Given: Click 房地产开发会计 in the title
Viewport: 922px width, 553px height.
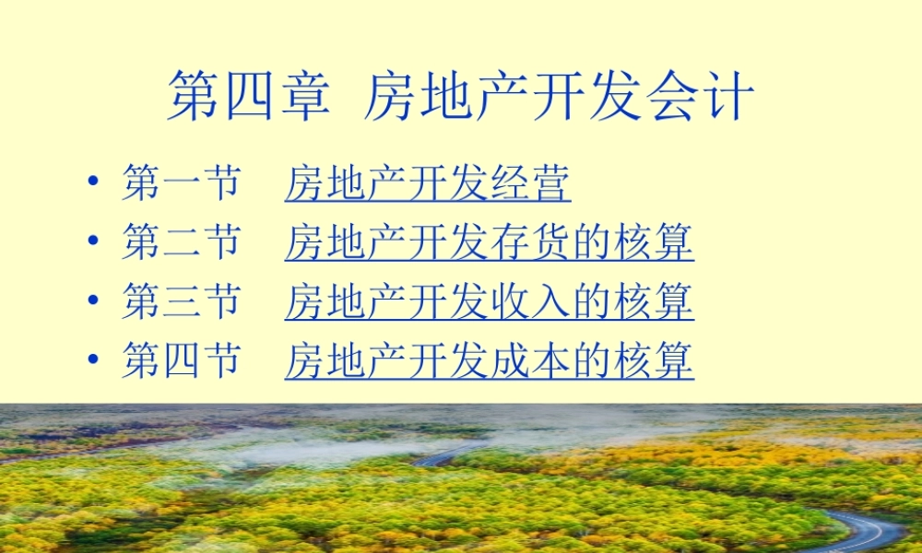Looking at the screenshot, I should tap(560, 98).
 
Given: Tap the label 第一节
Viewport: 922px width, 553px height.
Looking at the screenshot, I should tap(181, 183).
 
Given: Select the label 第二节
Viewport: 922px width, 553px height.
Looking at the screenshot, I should tap(181, 242).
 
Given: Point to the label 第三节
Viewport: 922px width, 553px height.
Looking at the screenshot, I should tap(181, 301).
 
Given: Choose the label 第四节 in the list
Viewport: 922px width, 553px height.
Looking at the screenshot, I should tap(181, 360).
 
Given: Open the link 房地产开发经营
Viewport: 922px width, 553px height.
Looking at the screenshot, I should tap(428, 183).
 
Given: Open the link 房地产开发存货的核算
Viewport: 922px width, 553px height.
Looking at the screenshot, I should tap(489, 242).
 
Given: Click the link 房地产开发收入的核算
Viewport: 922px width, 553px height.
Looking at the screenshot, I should tap(489, 301).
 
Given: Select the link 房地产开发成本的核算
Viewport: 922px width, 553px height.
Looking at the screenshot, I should tap(489, 360).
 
